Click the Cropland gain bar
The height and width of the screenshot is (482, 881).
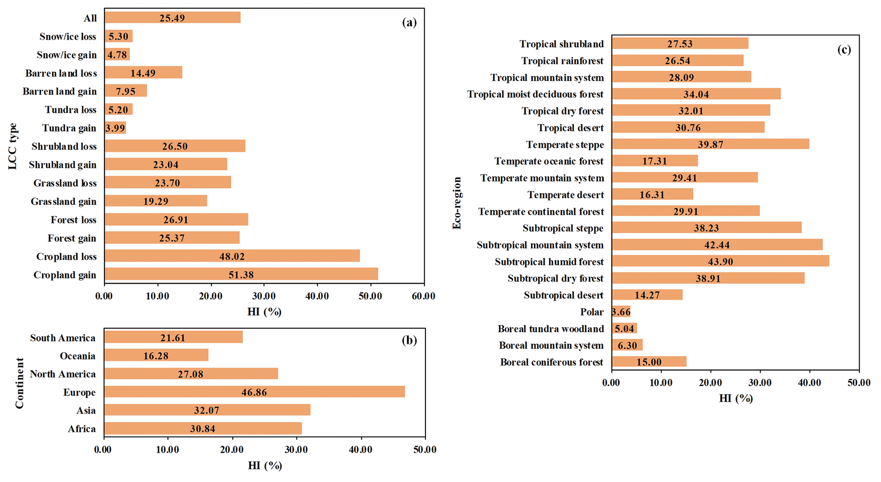pos(241,274)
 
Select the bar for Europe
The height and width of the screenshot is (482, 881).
pos(254,392)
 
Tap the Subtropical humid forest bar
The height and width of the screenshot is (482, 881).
pos(720,261)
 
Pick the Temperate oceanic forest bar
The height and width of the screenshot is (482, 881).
pos(655,161)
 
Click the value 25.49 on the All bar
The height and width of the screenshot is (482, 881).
pos(172,18)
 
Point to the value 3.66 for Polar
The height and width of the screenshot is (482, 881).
pos(621,312)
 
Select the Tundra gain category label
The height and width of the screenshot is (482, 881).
pos(69,128)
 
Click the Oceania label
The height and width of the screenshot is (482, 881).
pos(78,356)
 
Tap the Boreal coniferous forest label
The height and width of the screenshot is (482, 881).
pos(552,362)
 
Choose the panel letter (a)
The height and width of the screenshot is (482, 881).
pos(409,23)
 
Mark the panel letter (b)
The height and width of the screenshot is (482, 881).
pos(409,340)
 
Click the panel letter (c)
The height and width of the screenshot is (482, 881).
pos(844,50)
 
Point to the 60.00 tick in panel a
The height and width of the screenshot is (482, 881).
pos(424,296)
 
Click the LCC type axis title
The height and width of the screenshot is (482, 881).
pos(13,146)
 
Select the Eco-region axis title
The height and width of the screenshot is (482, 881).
pos(457,203)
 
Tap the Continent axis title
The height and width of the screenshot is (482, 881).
pos(20,383)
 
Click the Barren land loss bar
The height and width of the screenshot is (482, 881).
pos(143,73)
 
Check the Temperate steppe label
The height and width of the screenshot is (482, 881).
pos(565,145)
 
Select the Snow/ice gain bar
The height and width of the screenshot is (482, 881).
pos(117,55)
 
